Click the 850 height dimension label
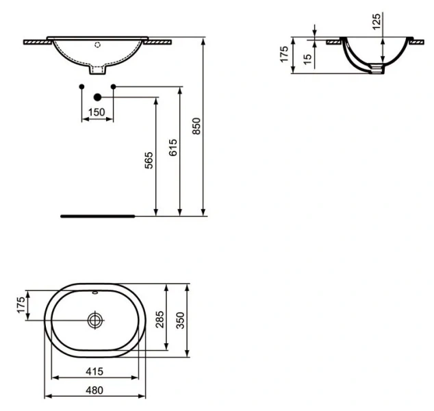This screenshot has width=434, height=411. [x=196, y=126]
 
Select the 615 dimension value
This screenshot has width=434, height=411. [x=173, y=147]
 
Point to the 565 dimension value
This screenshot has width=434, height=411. [x=149, y=160]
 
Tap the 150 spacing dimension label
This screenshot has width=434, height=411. [x=97, y=112]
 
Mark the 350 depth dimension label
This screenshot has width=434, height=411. [x=181, y=319]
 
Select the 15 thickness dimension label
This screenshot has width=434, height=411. [x=307, y=59]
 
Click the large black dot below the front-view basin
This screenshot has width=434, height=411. [x=97, y=97]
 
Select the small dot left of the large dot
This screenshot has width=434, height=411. [x=81, y=86]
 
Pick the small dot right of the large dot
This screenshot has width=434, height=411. [x=113, y=86]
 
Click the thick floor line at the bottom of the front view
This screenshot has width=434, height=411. [x=98, y=215]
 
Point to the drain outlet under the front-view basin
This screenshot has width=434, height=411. [x=97, y=70]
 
